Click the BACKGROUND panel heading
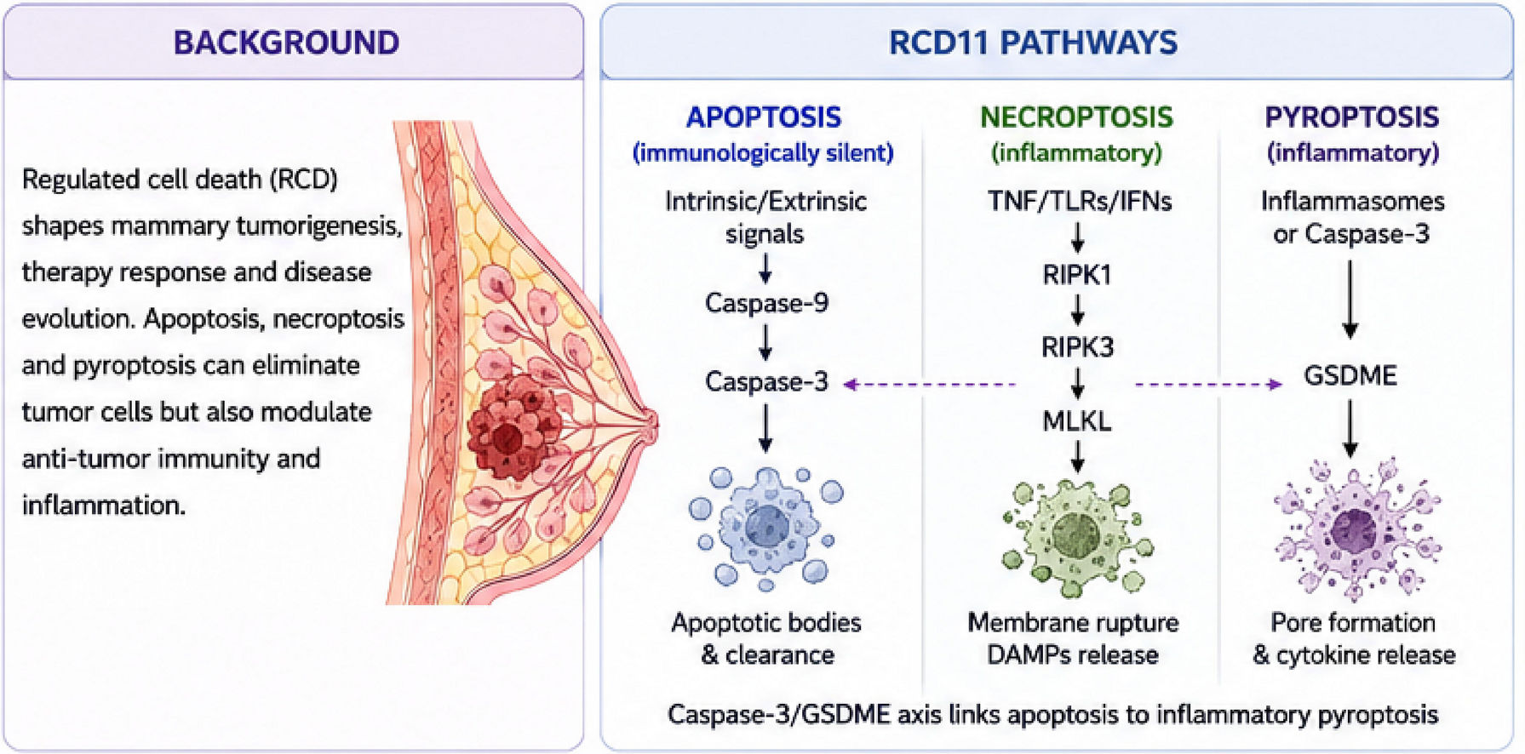click(x=286, y=43)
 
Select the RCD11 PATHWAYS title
click(x=1033, y=43)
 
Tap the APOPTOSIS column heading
click(x=764, y=117)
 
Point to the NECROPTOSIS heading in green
click(x=1076, y=117)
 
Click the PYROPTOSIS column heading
click(x=1352, y=117)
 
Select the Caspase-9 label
click(x=766, y=303)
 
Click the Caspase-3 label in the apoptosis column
click(x=766, y=381)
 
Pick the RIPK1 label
click(x=1077, y=275)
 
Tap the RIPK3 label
click(x=1077, y=347)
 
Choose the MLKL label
click(x=1077, y=420)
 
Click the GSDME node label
click(x=1350, y=375)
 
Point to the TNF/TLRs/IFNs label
click(x=1080, y=201)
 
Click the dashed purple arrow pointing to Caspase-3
click(x=929, y=385)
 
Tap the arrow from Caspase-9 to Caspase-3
click(x=765, y=342)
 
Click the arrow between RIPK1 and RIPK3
click(x=1077, y=311)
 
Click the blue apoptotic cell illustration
click(x=766, y=528)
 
